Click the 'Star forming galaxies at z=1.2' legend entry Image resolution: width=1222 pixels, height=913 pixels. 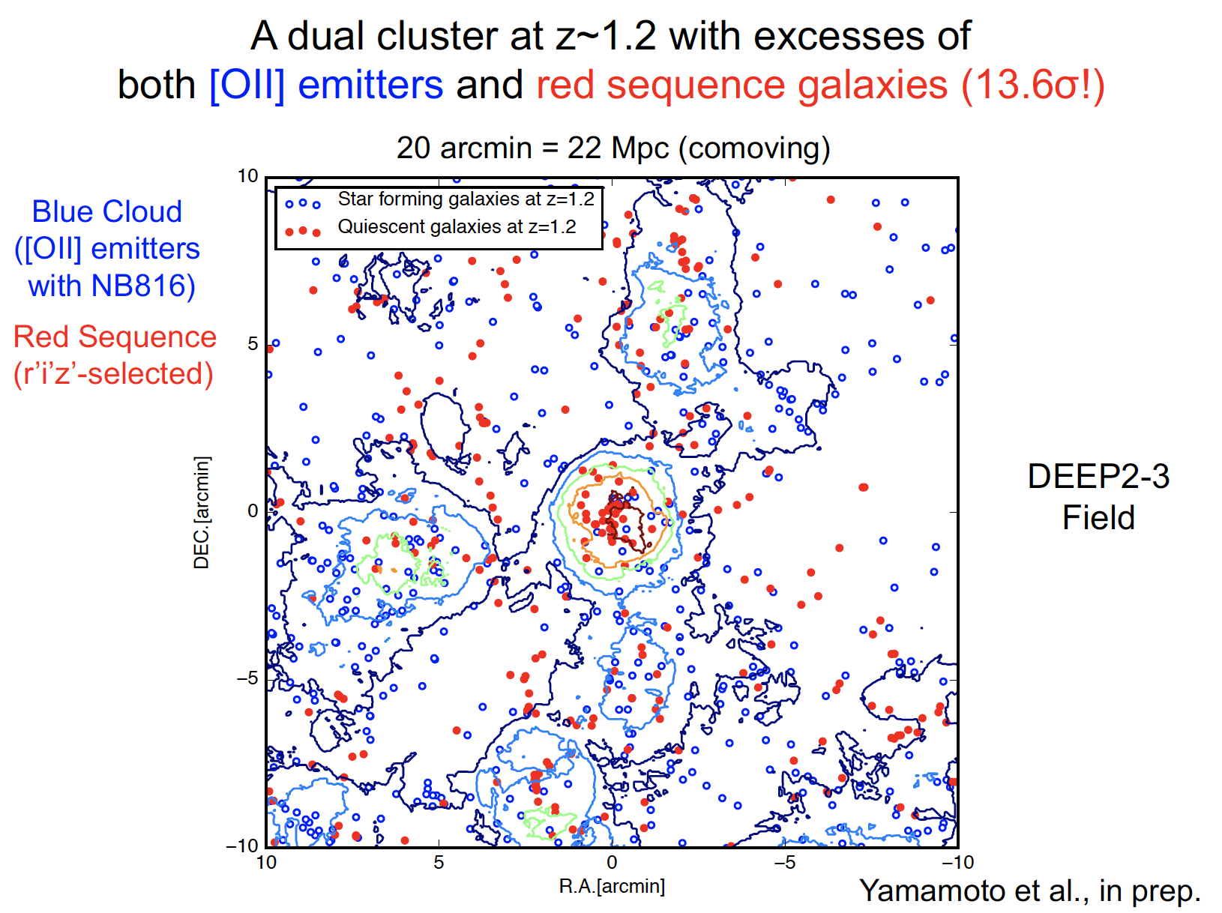tap(465, 199)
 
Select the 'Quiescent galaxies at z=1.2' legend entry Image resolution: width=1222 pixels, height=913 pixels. tap(457, 227)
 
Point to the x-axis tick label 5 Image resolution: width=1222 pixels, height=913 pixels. tap(439, 863)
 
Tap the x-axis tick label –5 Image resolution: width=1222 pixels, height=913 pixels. tap(784, 863)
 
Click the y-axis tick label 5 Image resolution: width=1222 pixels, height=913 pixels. tap(253, 344)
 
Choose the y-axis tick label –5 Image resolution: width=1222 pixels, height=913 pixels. tap(247, 679)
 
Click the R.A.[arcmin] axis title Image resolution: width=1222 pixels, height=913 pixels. tap(612, 887)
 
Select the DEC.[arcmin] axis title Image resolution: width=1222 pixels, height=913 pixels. tap(202, 512)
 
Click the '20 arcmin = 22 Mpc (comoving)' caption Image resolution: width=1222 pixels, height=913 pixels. tap(612, 148)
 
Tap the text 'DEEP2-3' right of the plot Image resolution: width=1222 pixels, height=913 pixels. tap(1098, 477)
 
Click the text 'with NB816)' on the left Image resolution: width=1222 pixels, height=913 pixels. tap(112, 286)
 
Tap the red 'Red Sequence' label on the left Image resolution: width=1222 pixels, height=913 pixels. tap(115, 337)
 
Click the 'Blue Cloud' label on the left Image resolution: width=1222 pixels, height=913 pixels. tap(107, 212)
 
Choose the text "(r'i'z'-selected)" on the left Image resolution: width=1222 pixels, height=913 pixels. tap(113, 374)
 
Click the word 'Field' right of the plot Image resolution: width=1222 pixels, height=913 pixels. tap(1098, 518)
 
